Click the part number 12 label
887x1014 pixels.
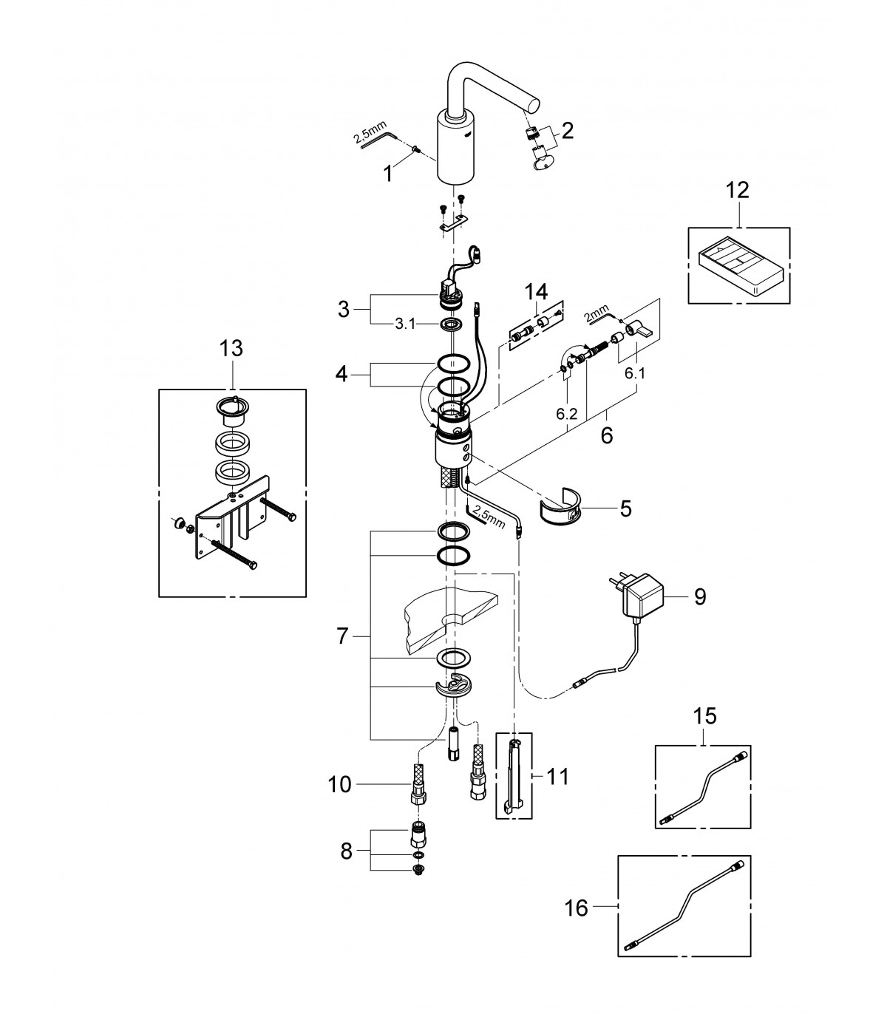tap(738, 191)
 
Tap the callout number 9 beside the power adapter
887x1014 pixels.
tap(700, 597)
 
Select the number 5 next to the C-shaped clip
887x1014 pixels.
tap(626, 508)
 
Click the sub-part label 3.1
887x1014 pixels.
tap(404, 324)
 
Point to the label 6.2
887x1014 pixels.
tap(566, 414)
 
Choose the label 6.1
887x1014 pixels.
tap(635, 373)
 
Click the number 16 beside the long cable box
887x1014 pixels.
tap(577, 908)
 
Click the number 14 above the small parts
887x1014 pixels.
tap(536, 292)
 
